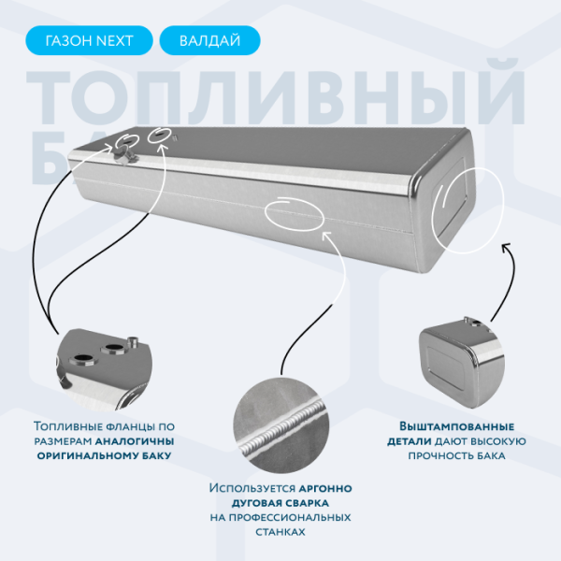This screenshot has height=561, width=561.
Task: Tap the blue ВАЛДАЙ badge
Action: [209, 41]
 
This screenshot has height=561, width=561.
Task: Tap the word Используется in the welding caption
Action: [252, 488]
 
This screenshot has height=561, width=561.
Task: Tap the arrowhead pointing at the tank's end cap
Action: [506, 247]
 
